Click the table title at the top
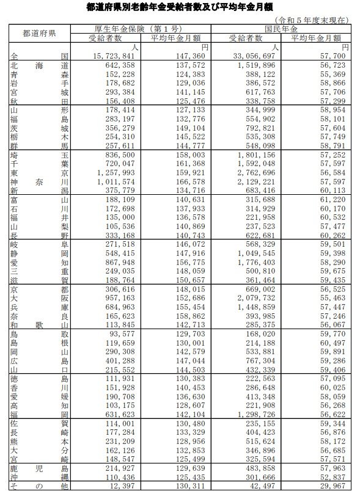180,7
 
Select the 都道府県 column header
39,33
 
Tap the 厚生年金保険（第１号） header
140,29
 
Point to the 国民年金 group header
281,29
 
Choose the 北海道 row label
39,64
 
